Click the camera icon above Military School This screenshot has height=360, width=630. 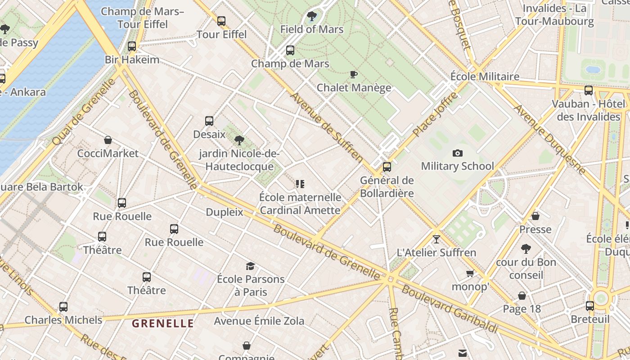[x=458, y=153]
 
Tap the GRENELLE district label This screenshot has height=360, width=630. [x=163, y=323]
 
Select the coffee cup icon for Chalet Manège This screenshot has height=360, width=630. [x=354, y=74]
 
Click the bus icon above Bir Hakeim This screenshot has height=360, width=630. [x=132, y=46]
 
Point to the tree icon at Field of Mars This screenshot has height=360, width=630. [x=311, y=17]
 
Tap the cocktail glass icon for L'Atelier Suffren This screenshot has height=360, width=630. [x=436, y=239]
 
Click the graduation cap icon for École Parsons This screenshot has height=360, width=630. [x=250, y=266]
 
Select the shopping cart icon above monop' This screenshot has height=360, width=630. [x=470, y=274]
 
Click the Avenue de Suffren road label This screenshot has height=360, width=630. [x=327, y=127]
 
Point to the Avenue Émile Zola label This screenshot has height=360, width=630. [x=259, y=321]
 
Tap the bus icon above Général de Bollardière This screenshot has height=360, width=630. [x=387, y=167]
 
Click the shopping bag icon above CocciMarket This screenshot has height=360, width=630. [x=108, y=140]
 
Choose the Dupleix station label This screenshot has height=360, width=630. [x=225, y=212]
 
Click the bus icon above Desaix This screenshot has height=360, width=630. [x=209, y=121]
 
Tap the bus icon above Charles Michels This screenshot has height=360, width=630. [x=63, y=307]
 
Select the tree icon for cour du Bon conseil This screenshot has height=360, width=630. [x=526, y=249]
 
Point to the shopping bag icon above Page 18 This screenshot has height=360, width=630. [x=522, y=296]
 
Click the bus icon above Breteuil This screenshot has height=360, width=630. [x=590, y=306]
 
